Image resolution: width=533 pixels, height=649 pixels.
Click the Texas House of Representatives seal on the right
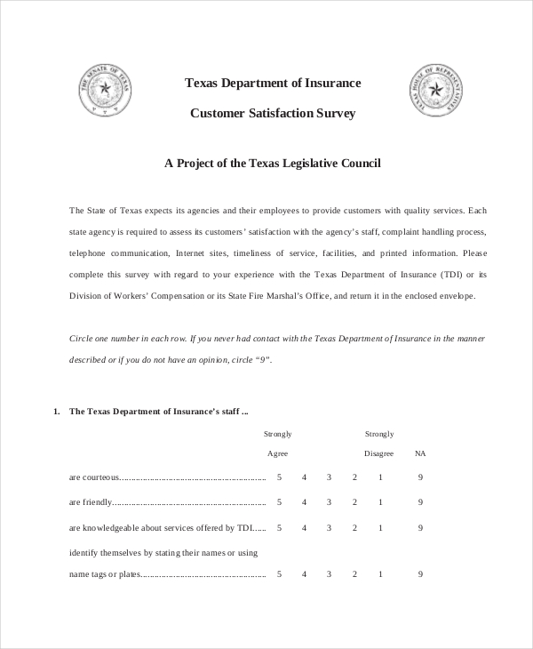[x=435, y=92]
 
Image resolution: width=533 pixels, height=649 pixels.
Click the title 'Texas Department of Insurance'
[x=273, y=83]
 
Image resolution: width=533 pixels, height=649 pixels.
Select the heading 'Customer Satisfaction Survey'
[x=273, y=113]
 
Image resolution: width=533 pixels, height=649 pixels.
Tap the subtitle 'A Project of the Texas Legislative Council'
[x=273, y=164]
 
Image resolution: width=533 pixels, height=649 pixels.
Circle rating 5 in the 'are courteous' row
[x=279, y=477]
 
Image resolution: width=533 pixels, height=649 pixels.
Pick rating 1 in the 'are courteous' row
[x=380, y=477]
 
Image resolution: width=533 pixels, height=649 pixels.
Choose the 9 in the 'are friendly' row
[x=420, y=502]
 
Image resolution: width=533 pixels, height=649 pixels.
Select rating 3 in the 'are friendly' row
[x=329, y=502]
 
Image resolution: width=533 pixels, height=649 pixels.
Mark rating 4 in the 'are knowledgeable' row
[x=304, y=527]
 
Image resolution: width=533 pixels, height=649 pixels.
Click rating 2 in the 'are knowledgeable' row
[x=354, y=527]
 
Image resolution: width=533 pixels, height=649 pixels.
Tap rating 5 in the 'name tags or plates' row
[x=279, y=574]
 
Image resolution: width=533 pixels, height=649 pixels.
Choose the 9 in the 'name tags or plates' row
[x=420, y=574]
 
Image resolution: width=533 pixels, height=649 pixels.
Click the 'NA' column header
[x=420, y=453]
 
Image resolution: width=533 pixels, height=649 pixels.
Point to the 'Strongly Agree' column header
[x=278, y=444]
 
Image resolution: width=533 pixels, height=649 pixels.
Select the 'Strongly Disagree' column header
[x=379, y=444]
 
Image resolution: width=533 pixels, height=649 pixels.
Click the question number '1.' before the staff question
[x=56, y=412]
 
